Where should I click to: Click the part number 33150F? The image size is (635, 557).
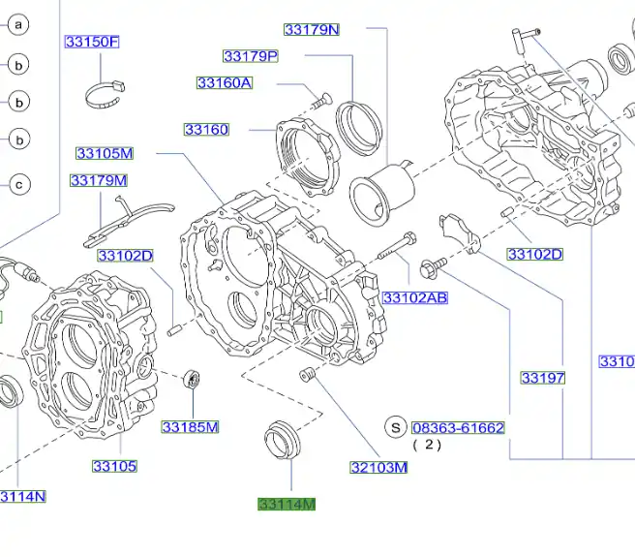92,42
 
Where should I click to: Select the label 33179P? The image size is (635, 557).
250,56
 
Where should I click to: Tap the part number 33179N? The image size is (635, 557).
312,29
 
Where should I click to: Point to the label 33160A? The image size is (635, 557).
224,83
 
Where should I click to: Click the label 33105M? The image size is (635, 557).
105,153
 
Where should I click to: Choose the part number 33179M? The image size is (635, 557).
98,180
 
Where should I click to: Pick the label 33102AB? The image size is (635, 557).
414,297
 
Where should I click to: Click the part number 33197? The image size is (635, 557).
542,378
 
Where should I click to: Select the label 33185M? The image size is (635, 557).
190,427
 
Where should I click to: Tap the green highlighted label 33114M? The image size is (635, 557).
287,504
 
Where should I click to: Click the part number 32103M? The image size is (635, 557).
378,468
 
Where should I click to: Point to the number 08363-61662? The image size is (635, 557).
458,427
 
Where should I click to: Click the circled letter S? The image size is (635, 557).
394,426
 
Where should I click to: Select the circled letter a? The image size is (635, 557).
18,24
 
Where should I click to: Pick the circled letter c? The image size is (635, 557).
18,183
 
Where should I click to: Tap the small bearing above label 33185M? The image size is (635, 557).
192,380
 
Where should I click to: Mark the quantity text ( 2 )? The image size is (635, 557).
427,445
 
